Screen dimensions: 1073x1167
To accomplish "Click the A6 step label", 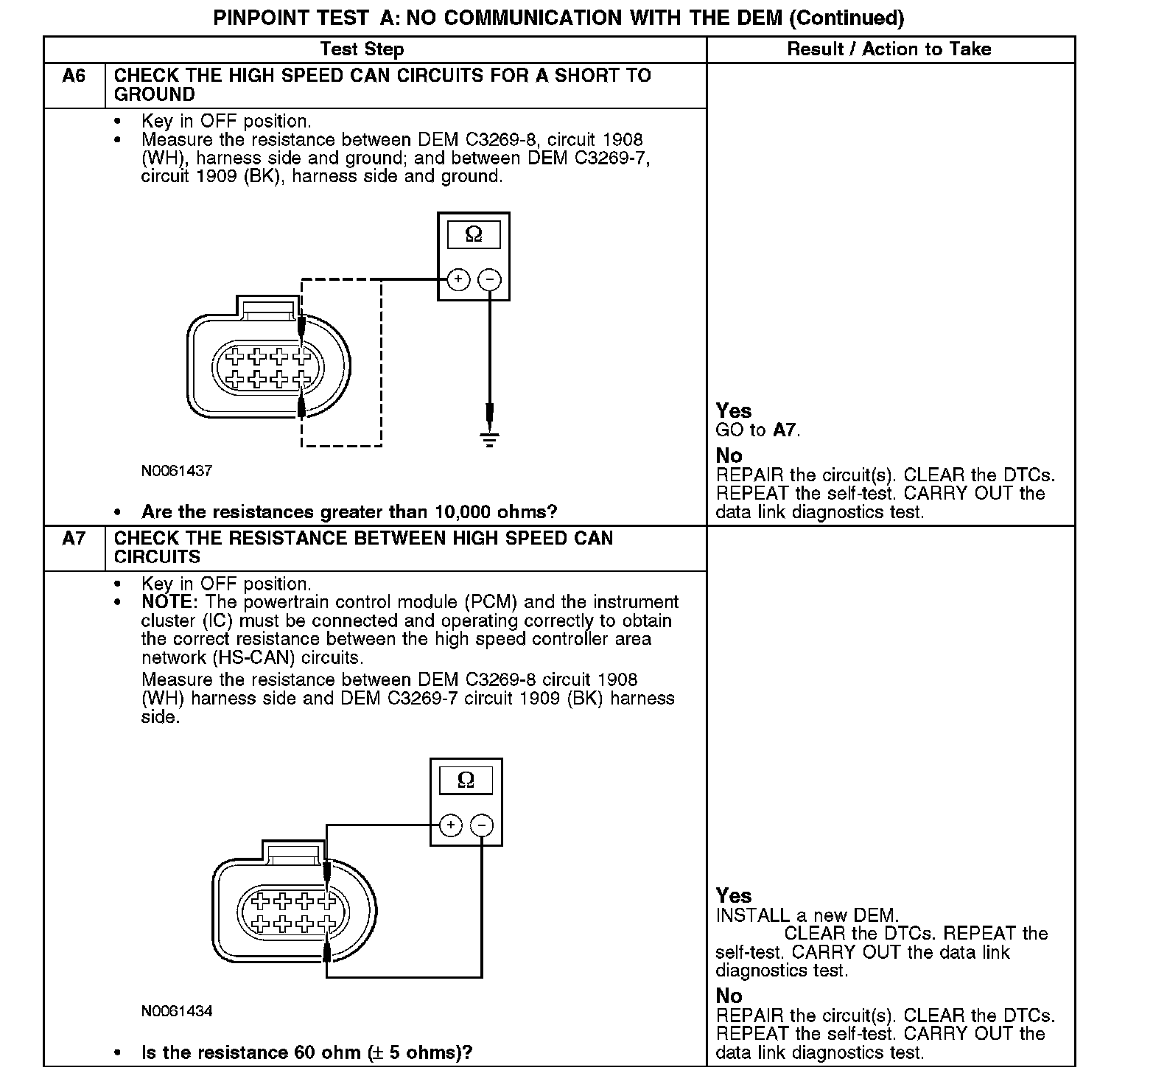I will pyautogui.click(x=74, y=76).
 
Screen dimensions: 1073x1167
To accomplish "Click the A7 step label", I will pyautogui.click(x=74, y=539).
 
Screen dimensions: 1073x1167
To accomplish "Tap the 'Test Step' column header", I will pyautogui.click(x=362, y=49).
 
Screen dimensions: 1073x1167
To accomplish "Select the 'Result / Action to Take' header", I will pyautogui.click(x=889, y=49).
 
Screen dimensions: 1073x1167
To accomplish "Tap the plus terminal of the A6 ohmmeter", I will pyautogui.click(x=458, y=279).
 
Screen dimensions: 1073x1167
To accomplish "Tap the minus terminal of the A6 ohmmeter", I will pyautogui.click(x=490, y=279).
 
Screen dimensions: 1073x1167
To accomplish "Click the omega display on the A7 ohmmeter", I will pyautogui.click(x=466, y=780).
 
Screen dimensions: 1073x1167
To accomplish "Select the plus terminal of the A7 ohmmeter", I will pyautogui.click(x=451, y=825).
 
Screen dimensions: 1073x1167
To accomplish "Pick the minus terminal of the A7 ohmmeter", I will pyautogui.click(x=482, y=825).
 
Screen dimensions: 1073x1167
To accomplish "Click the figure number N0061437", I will pyautogui.click(x=177, y=470).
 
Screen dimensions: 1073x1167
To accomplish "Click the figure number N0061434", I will pyautogui.click(x=177, y=1011).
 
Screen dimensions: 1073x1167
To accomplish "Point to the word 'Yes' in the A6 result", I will pyautogui.click(x=734, y=411).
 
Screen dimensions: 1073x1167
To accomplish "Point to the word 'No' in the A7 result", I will pyautogui.click(x=729, y=996).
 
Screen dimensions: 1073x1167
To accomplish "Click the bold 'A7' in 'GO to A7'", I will pyautogui.click(x=785, y=430).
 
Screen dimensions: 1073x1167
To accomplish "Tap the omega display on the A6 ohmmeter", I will pyautogui.click(x=474, y=235).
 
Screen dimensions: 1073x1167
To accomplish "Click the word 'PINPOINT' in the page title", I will pyautogui.click(x=259, y=18).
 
